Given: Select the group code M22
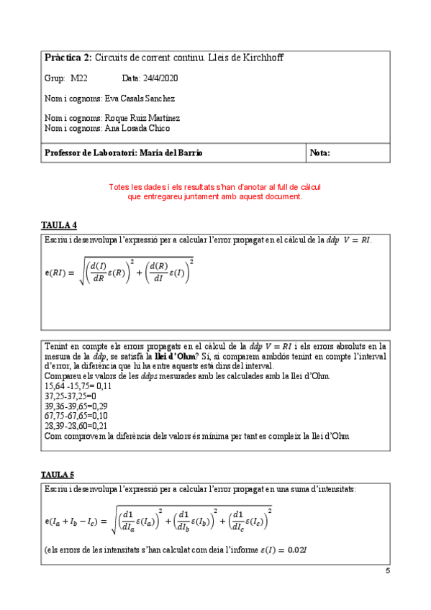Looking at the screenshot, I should point(78,78).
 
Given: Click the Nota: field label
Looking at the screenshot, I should point(320,152).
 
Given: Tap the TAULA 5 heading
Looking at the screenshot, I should point(59,475).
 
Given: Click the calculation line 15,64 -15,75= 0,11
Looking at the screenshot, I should point(73,386).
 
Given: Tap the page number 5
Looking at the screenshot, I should point(388,571).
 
